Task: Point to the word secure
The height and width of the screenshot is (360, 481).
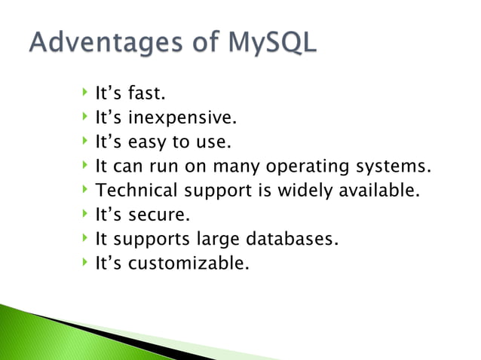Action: (x=158, y=215)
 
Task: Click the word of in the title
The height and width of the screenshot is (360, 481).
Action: (x=204, y=43)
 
